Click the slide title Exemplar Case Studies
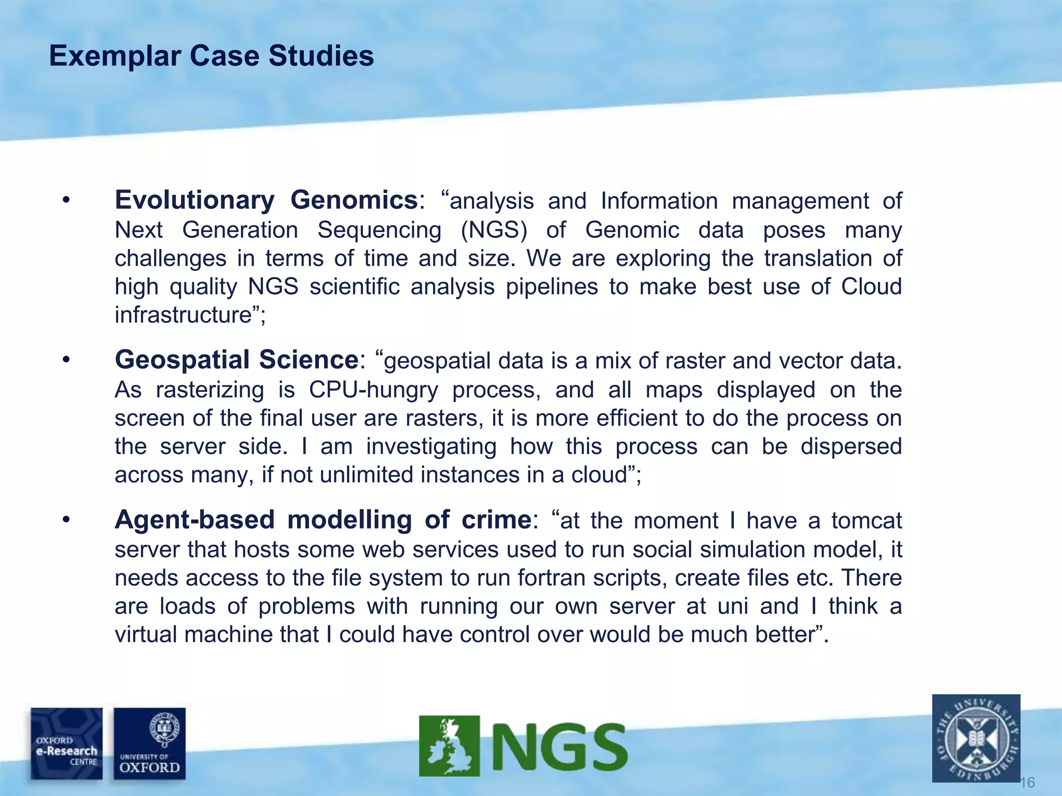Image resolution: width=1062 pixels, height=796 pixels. click(x=211, y=56)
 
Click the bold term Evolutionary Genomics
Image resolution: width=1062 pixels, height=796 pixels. click(x=266, y=200)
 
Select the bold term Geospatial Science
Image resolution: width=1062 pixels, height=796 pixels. click(x=236, y=360)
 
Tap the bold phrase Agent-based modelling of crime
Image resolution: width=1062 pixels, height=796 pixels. click(x=323, y=520)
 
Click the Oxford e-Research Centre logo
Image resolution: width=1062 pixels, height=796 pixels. click(x=66, y=744)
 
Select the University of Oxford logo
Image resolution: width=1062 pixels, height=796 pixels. click(x=149, y=744)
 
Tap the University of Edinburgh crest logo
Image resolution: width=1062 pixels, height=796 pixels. click(x=976, y=738)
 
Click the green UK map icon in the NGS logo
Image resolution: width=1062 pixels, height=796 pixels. click(x=449, y=746)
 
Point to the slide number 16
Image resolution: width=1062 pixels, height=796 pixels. click(x=1027, y=783)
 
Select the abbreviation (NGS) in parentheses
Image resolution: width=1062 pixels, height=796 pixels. click(x=494, y=230)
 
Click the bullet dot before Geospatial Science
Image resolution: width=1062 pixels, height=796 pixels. click(x=65, y=360)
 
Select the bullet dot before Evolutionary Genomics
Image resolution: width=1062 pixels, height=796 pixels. click(x=65, y=200)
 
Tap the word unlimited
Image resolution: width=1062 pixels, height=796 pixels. click(x=367, y=475)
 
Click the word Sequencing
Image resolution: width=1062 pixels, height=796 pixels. click(x=379, y=230)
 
